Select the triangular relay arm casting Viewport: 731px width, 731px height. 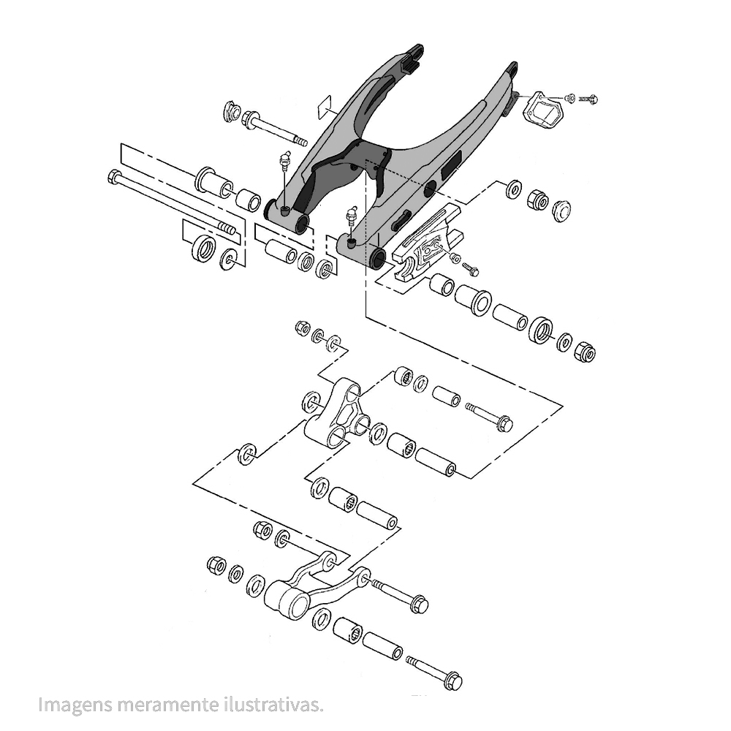coord(336,413)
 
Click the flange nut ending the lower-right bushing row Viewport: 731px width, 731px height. coord(584,352)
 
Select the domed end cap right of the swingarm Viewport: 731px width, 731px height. coord(561,211)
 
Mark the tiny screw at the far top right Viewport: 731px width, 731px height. coord(588,98)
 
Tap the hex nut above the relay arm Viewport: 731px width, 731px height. coord(303,328)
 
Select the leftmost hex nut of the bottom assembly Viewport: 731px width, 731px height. coord(216,564)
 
